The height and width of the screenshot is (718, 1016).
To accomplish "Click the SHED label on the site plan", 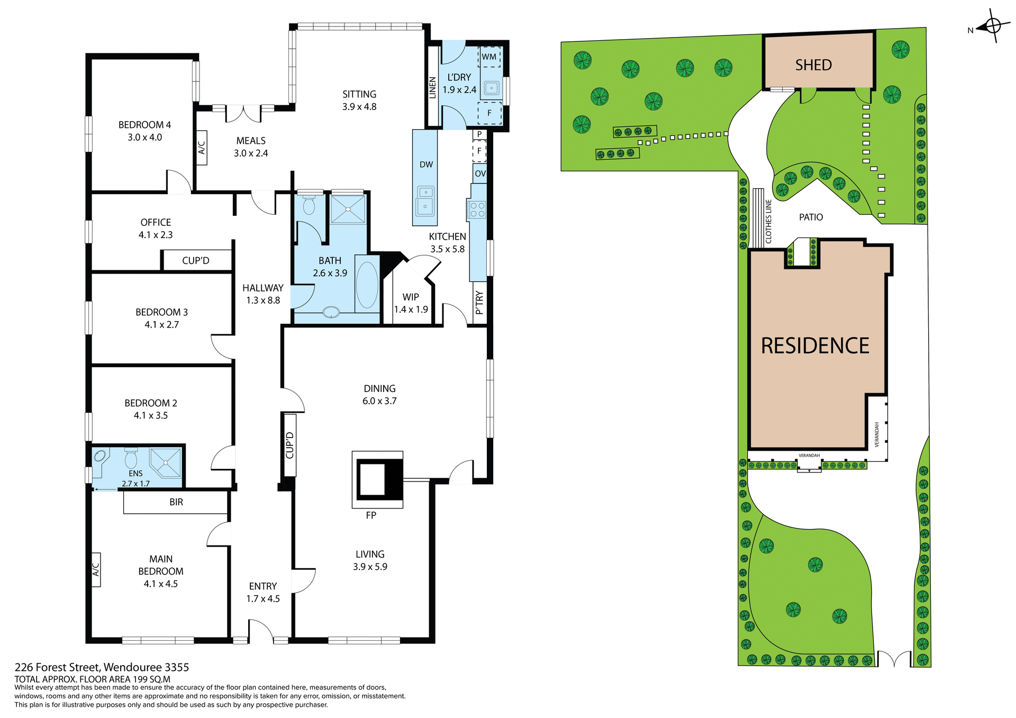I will (813, 65).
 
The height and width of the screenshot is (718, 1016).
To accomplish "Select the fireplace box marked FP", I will (378, 479).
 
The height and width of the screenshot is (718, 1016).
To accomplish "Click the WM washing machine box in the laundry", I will (489, 57).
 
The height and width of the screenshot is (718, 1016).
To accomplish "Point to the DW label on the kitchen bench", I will (426, 165).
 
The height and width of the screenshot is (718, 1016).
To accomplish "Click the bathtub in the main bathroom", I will (367, 285).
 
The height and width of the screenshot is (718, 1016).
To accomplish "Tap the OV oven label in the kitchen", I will (480, 174).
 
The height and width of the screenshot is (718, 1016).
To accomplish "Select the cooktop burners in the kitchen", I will (477, 210).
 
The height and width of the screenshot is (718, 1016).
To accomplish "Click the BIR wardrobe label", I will (176, 502).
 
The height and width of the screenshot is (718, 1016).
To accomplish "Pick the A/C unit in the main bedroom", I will (96, 569).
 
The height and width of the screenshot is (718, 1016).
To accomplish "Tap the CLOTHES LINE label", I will (768, 221).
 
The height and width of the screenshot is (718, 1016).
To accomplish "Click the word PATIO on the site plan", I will (811, 217).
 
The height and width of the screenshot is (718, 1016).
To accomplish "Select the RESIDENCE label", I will (815, 346).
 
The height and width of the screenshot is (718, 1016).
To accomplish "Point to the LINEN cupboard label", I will (432, 87).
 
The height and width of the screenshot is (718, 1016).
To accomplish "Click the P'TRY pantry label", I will (479, 303).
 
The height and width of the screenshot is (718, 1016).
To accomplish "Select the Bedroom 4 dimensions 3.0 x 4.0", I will (144, 137).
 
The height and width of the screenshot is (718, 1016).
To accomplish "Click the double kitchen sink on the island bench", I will (425, 201).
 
